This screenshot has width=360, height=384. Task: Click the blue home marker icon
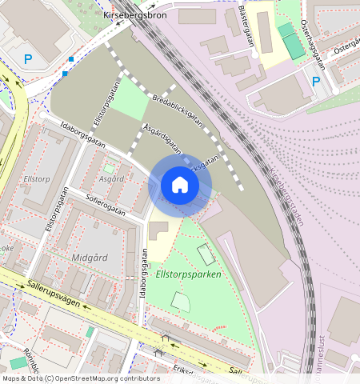180,186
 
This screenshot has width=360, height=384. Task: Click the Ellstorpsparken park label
188,274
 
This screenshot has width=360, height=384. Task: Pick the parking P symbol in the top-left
28,58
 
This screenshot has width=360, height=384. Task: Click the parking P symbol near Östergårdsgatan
315,82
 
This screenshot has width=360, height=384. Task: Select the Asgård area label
110,178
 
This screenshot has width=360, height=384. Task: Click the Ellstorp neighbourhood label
37,179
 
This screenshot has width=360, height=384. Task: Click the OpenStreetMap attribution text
81,378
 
